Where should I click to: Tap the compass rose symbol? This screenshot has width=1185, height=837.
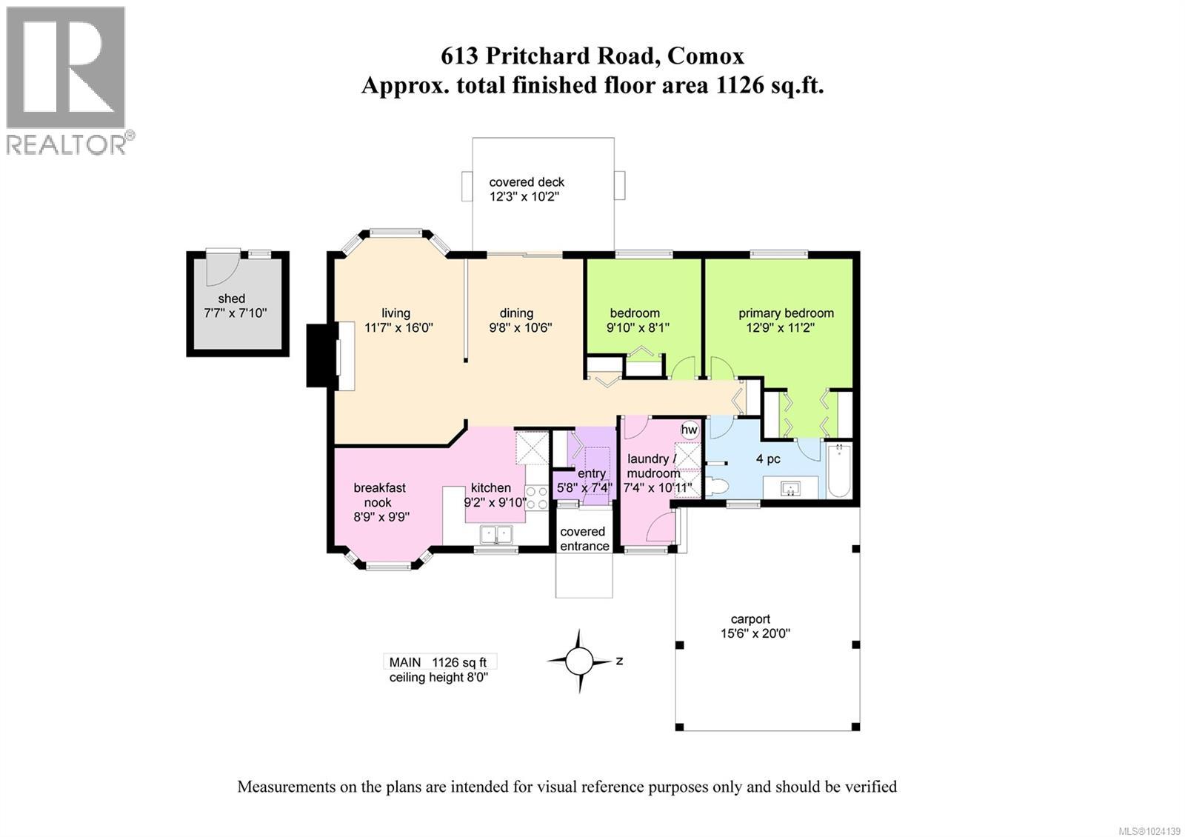click(x=580, y=660)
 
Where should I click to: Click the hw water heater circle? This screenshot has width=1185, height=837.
click(x=689, y=430)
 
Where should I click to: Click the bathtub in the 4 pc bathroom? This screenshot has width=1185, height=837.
click(x=840, y=470)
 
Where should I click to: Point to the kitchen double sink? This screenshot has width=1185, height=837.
click(x=496, y=534)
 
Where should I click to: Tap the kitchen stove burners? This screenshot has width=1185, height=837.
click(x=536, y=498)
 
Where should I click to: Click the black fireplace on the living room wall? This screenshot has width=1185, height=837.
click(x=321, y=355)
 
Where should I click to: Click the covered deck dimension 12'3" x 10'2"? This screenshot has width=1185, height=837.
click(x=526, y=196)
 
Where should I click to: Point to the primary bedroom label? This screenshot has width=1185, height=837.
click(x=786, y=313)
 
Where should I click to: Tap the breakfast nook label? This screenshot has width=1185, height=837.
click(x=379, y=495)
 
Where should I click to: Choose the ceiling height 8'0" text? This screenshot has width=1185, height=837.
click(x=438, y=677)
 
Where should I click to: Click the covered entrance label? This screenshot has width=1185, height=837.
click(x=584, y=538)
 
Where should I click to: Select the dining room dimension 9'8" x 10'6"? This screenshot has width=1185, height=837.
click(x=520, y=327)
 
